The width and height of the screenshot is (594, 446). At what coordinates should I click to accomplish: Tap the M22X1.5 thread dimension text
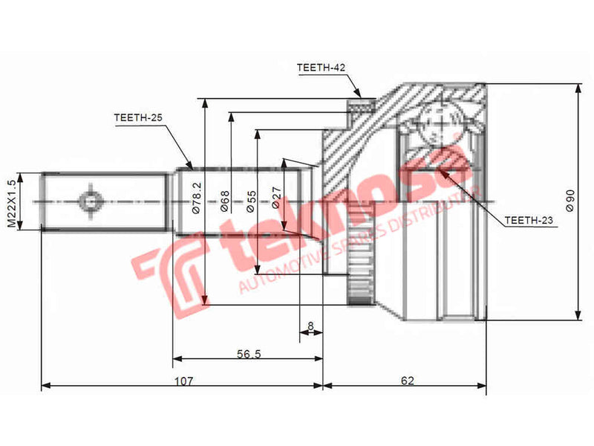pos(11,202)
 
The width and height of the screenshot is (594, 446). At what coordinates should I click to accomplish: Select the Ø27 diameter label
pos(276,196)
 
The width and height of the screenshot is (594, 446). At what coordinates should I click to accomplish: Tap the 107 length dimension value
pos(183,381)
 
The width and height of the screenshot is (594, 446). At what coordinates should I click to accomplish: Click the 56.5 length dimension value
pos(248,353)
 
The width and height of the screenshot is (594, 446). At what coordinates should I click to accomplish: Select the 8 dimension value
pos(310,326)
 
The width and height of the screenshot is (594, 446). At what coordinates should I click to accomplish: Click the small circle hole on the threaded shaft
pos(89,201)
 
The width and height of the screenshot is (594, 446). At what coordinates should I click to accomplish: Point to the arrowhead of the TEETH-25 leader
pos(191,168)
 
